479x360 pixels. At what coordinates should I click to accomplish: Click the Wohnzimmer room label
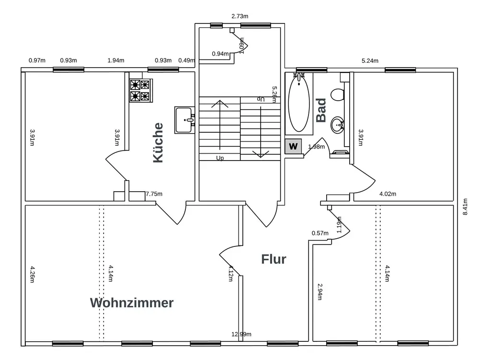click(x=132, y=303)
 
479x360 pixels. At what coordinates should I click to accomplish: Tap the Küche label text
click(x=158, y=143)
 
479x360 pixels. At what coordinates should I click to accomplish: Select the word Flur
click(x=274, y=259)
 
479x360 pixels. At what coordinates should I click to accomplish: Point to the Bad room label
click(x=321, y=110)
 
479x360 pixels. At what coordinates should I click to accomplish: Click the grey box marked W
click(x=294, y=147)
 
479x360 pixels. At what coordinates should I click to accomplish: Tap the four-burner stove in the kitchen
click(x=140, y=91)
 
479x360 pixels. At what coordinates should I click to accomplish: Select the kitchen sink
click(x=184, y=120)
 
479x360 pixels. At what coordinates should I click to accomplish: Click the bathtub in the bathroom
click(x=299, y=103)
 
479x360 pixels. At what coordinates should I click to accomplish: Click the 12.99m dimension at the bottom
click(x=241, y=334)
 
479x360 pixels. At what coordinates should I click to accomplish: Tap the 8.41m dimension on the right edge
click(x=465, y=207)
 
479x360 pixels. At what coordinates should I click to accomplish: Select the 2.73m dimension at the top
click(x=239, y=16)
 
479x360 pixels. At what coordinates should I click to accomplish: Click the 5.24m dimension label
click(x=370, y=61)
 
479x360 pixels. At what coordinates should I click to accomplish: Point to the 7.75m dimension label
click(x=154, y=194)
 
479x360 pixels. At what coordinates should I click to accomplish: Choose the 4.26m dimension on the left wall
click(x=32, y=275)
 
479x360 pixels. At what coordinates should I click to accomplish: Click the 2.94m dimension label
click(x=319, y=291)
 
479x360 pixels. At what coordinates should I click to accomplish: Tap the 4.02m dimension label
click(x=388, y=194)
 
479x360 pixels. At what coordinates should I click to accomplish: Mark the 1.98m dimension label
click(x=316, y=147)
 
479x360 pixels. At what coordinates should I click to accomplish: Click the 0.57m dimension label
click(x=320, y=233)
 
